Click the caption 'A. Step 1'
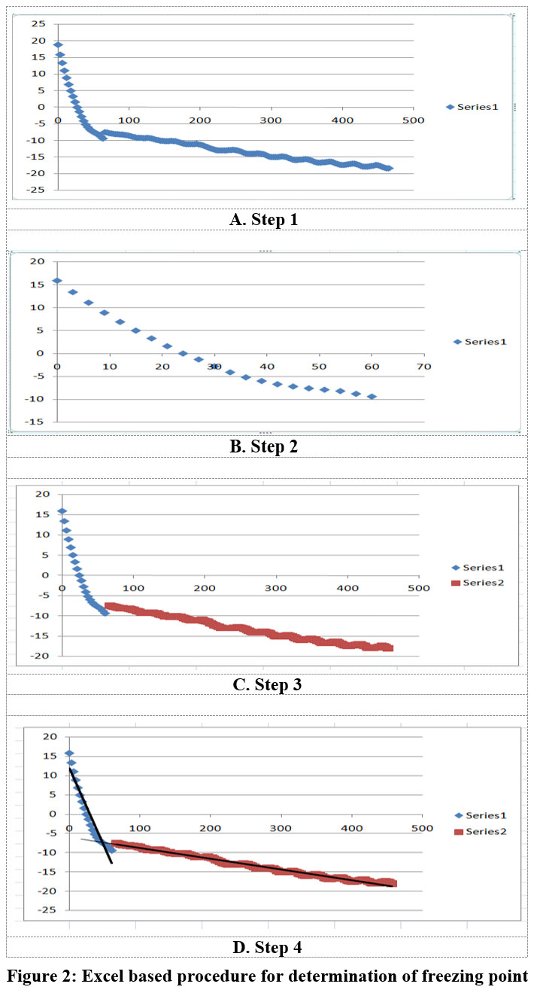point(266,220)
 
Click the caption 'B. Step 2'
point(266,446)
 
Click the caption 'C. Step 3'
point(266,684)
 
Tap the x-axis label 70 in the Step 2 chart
point(424,366)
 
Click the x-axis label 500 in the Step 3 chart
point(418,587)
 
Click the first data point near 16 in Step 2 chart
point(57,281)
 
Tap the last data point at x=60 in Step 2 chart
point(372,396)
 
